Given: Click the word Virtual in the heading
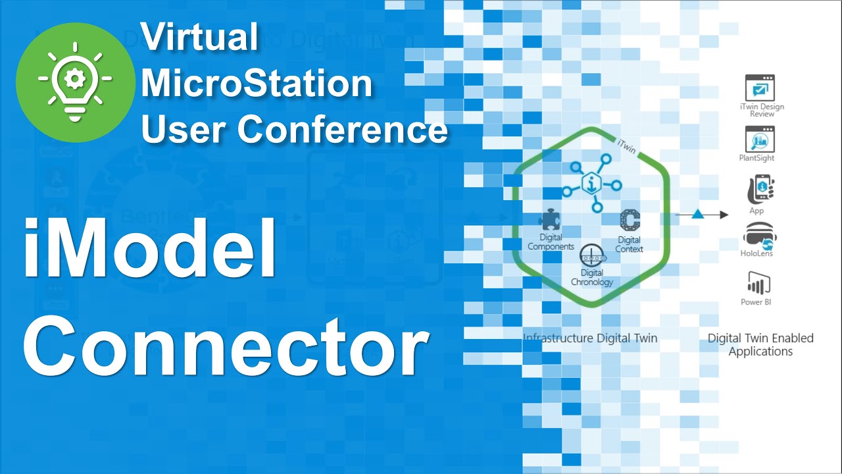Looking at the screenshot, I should tap(199, 37).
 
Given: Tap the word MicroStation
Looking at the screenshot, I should tap(257, 83).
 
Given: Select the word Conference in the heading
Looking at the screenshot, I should tap(342, 128).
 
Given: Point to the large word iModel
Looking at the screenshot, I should tap(150, 250).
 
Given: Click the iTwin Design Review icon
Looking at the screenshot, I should tap(760, 88).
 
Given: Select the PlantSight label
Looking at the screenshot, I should tap(756, 158).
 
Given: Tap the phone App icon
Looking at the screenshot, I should tap(758, 190).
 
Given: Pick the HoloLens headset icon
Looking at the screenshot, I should tap(758, 236).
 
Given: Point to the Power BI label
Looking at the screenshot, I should tap(756, 302).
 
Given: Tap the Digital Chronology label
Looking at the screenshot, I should tap(592, 278).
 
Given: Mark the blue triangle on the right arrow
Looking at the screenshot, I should tap(698, 214).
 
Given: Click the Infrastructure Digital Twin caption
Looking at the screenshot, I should tap(590, 338).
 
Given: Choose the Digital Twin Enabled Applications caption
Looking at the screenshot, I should tap(760, 344).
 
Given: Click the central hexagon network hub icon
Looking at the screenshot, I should tap(591, 185).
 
